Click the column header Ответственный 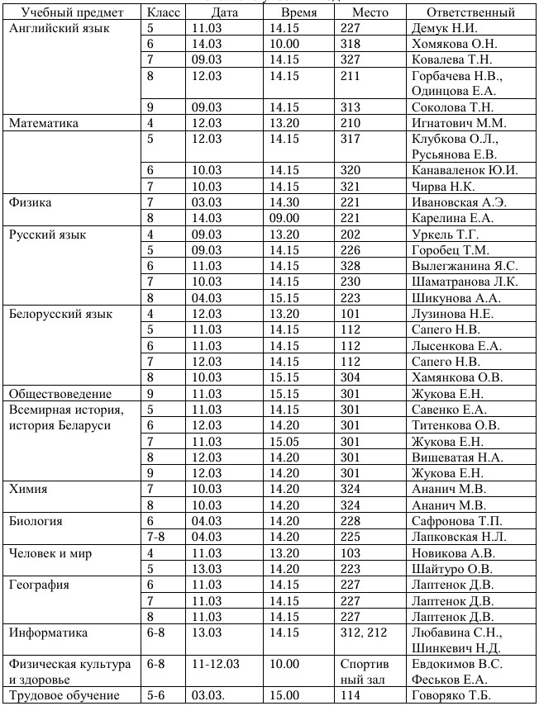coord(471,12)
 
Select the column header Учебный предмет coord(73,12)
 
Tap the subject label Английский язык coord(49,28)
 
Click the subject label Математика coord(43,123)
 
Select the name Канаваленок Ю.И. coord(465,170)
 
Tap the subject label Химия coord(28,489)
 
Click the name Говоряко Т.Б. coord(451,695)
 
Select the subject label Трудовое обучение coord(61,695)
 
